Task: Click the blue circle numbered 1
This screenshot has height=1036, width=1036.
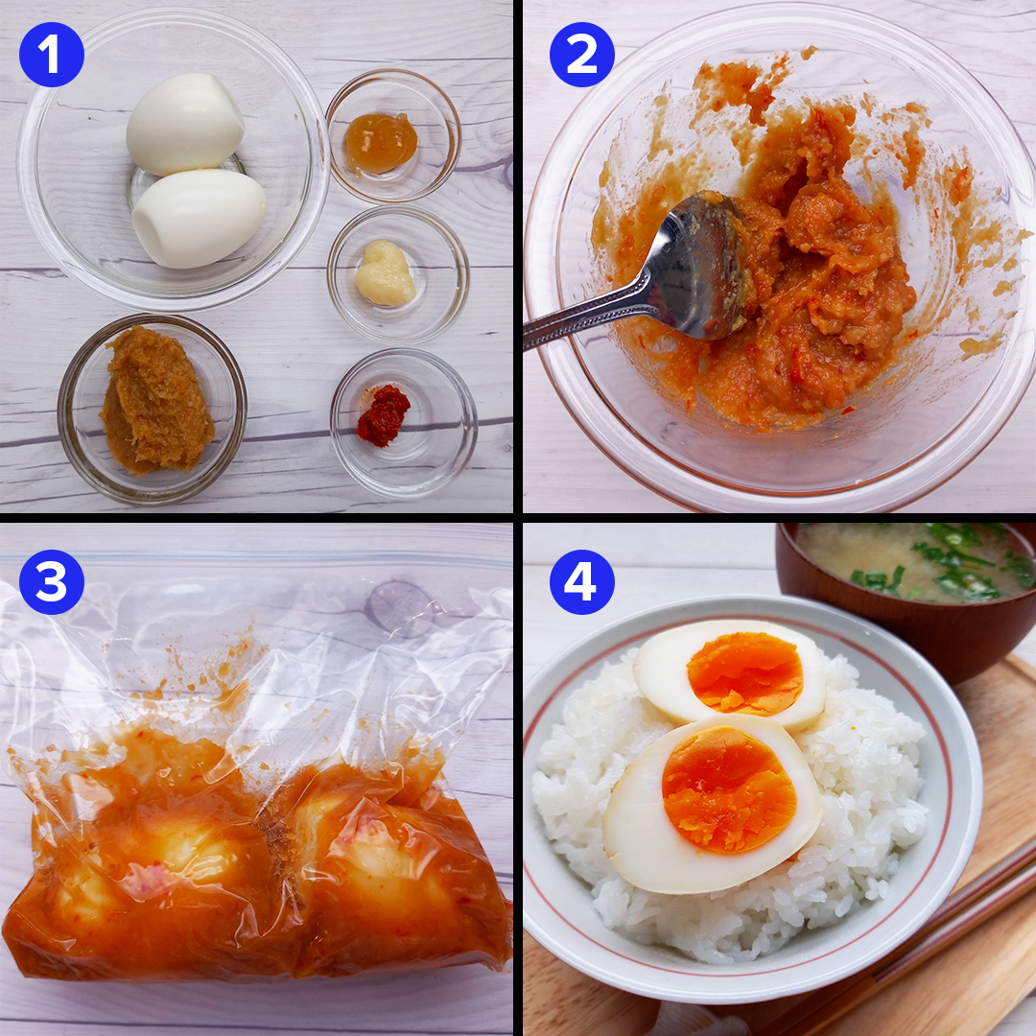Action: [x=52, y=54]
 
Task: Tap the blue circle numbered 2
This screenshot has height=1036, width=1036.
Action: [x=582, y=54]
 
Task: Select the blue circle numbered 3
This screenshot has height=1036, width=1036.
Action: [x=52, y=582]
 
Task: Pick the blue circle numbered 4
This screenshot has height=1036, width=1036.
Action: [x=582, y=582]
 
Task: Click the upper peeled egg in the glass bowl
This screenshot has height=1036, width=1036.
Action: [x=185, y=124]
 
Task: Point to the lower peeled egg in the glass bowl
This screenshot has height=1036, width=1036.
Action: [x=199, y=219]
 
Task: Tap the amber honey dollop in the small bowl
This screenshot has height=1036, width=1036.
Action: [x=381, y=142]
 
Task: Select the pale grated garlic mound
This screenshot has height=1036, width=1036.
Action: [x=386, y=272]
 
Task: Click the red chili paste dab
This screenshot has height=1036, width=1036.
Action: [x=383, y=415]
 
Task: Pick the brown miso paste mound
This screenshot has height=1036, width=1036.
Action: [x=156, y=401]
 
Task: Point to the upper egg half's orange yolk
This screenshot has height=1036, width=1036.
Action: [x=744, y=673]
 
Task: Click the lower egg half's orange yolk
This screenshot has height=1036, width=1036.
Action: [x=729, y=789]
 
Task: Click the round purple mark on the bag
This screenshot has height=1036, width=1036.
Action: [x=399, y=608]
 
